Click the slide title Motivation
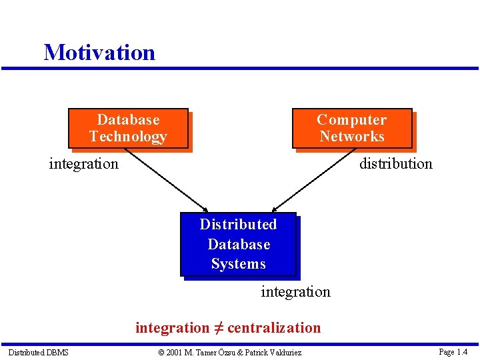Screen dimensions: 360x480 [99, 52]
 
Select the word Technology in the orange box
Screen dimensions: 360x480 [128, 137]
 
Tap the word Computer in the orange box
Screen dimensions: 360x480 [351, 120]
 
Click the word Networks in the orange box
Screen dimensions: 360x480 [351, 137]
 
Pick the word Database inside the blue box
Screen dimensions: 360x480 [239, 244]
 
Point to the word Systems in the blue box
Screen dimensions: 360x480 [238, 264]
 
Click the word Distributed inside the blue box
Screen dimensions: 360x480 [238, 225]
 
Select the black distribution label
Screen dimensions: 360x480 [395, 163]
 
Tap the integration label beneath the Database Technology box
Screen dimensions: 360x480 [83, 163]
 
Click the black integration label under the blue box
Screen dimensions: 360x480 [295, 291]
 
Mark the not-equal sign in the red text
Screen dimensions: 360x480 [218, 327]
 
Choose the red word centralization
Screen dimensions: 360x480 [274, 327]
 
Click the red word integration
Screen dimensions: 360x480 [172, 327]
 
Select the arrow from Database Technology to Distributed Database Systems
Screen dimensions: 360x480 [166, 179]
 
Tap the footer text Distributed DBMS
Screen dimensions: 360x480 [38, 352]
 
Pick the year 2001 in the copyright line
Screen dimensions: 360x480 [174, 352]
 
